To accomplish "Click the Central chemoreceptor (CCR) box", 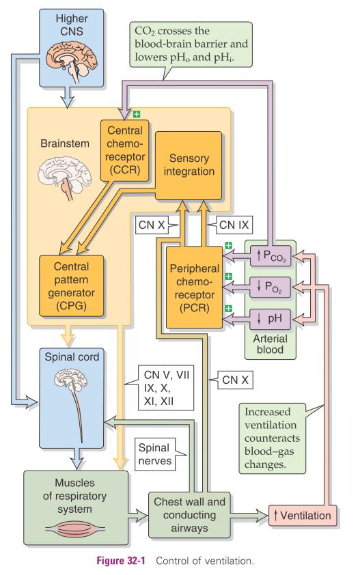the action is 125,151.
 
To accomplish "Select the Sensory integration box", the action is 189,165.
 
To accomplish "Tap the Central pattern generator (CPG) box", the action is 71,286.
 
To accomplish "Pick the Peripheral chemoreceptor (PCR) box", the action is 195,287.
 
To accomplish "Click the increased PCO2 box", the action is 271,255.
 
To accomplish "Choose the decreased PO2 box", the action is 271,286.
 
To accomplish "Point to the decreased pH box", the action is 271,318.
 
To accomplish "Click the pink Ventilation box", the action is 303,515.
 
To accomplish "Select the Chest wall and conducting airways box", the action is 189,515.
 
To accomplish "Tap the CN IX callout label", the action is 234,225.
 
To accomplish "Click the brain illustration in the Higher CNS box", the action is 71,61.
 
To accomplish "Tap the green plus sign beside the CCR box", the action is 137,115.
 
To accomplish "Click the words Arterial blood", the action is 270,343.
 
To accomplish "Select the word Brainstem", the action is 65,143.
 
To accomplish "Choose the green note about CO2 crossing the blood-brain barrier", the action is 191,45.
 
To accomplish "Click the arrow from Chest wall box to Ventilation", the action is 249,515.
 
